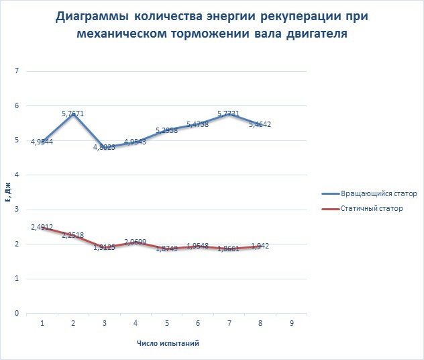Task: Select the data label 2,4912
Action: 42,228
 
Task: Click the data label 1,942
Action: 260,246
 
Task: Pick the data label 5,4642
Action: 260,125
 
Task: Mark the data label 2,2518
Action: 72,235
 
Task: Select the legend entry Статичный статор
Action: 362,209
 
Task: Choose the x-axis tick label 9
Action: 290,323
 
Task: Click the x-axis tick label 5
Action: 166,323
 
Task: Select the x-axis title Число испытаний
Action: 167,343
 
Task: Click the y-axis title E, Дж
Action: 7,192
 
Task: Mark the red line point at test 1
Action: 42,227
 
